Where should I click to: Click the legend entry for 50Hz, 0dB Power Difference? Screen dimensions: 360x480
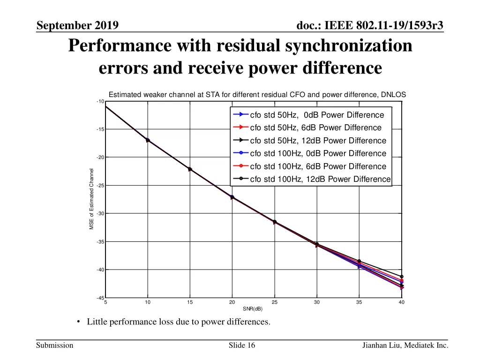pos(317,115)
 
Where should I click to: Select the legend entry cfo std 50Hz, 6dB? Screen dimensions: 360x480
pos(316,127)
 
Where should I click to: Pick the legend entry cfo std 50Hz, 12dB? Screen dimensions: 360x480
pos(318,141)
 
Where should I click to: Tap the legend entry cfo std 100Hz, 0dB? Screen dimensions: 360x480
pos(318,153)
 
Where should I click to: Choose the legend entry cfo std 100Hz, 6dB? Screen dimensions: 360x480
pos(318,166)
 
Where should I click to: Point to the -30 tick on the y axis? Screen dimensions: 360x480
pos(99,214)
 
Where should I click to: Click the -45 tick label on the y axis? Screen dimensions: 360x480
pos(99,298)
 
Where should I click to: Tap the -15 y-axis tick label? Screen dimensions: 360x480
pos(99,129)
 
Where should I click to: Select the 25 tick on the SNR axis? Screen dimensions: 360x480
pos(275,303)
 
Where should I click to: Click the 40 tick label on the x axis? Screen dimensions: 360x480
pos(401,303)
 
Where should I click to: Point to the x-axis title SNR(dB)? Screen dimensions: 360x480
pos(253,309)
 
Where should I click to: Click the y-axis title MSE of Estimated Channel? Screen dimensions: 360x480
pos(92,199)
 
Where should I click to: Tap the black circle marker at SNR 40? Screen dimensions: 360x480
pos(402,277)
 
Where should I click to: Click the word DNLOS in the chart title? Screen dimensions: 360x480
pos(393,94)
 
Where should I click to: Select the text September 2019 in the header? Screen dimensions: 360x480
pos(77,25)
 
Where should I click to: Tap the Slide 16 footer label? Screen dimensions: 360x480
pos(242,345)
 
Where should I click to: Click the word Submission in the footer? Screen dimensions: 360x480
pos(55,345)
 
